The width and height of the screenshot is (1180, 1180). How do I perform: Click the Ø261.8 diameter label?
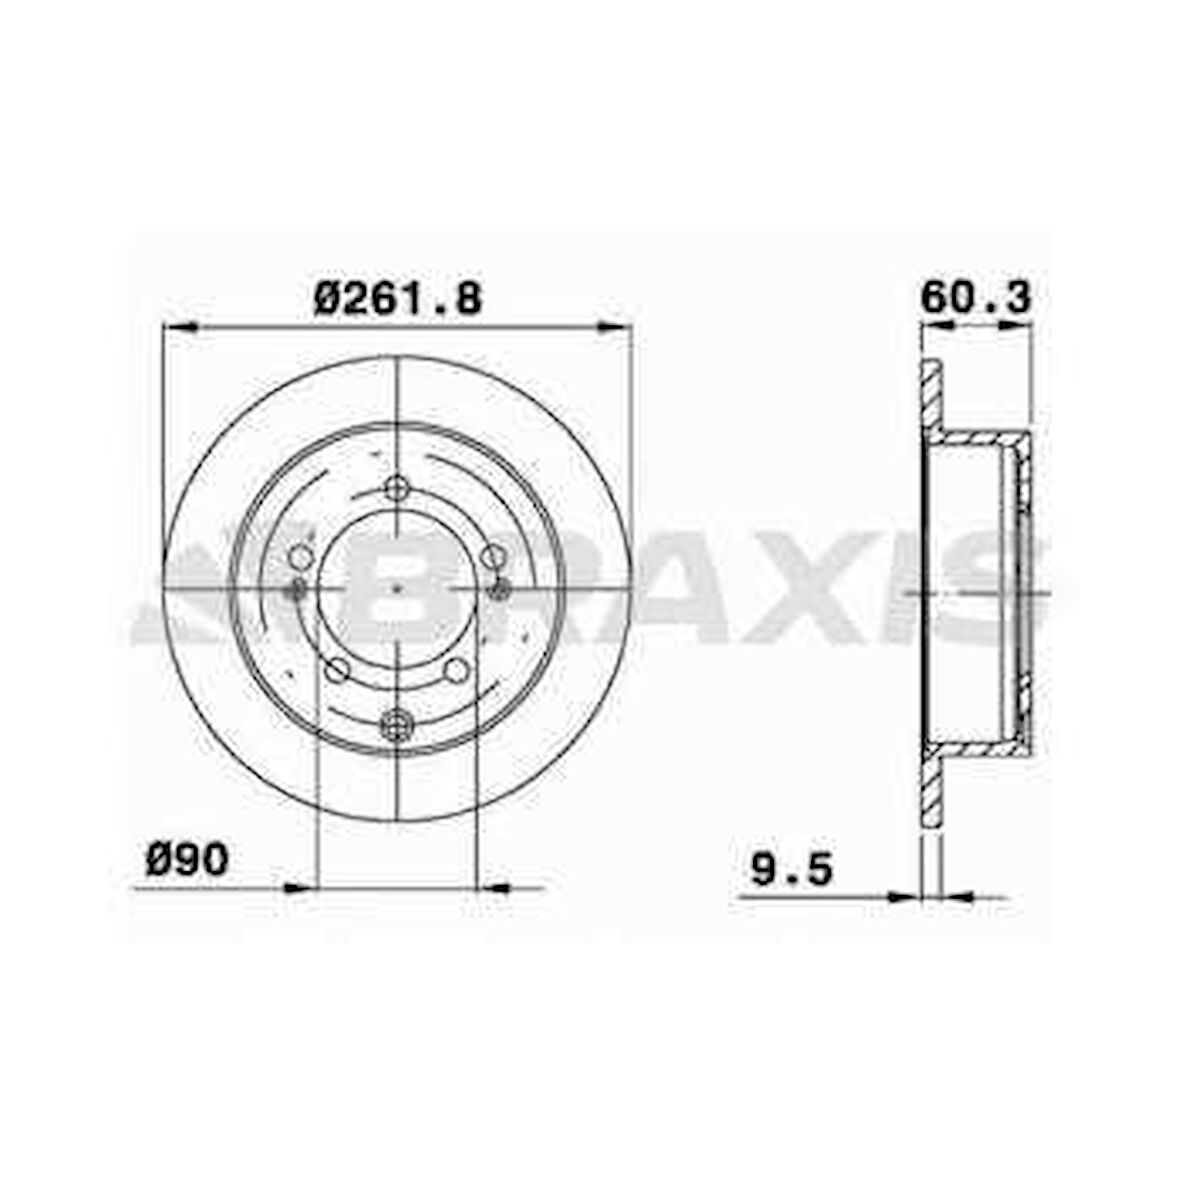[397, 297]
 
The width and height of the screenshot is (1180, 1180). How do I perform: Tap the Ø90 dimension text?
[187, 860]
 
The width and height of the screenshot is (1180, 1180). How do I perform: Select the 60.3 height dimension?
[975, 297]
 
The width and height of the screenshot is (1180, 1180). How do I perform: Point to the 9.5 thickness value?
[791, 869]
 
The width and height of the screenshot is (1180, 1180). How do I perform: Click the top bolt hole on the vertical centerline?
[397, 488]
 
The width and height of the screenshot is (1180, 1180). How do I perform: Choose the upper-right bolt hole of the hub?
[491, 556]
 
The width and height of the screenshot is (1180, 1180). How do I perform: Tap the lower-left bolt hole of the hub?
[338, 669]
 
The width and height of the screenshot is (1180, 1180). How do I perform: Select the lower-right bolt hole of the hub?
[456, 669]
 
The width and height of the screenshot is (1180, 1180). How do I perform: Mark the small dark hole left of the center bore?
[296, 590]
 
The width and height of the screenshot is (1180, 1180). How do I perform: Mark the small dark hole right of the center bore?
[500, 590]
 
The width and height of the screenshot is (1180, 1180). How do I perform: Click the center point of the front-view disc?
[397, 590]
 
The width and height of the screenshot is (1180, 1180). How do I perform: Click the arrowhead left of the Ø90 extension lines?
[298, 886]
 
